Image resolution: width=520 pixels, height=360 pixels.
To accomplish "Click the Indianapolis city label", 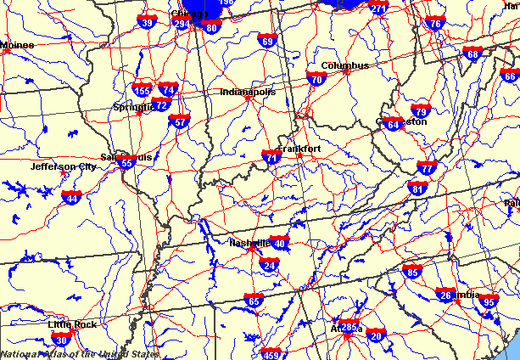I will click(247, 92).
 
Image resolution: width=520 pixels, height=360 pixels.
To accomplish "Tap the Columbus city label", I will click(344, 65).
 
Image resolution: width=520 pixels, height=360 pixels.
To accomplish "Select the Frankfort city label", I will click(300, 149).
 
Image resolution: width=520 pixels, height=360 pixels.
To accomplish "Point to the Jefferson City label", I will click(64, 166).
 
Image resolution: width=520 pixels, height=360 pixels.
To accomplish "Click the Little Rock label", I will click(72, 324).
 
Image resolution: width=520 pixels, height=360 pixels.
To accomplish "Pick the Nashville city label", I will click(249, 242).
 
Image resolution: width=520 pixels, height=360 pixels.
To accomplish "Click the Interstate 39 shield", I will click(147, 23).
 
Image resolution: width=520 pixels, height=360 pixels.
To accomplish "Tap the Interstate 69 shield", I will click(268, 41).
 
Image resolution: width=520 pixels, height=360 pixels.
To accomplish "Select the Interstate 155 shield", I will click(142, 89).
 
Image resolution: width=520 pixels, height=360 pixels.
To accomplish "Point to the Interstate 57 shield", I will click(179, 121).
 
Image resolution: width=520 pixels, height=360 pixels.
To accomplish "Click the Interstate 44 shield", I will click(72, 198).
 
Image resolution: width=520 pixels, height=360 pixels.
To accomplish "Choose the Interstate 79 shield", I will click(421, 110).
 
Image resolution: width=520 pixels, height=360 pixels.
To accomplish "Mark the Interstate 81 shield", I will click(417, 187).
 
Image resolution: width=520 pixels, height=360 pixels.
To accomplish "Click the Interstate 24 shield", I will click(270, 267).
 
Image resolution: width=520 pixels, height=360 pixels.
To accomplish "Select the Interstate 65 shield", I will click(254, 301).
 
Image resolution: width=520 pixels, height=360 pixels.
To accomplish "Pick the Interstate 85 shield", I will click(412, 272).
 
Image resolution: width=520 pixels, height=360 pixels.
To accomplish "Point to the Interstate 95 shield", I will click(489, 301).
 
